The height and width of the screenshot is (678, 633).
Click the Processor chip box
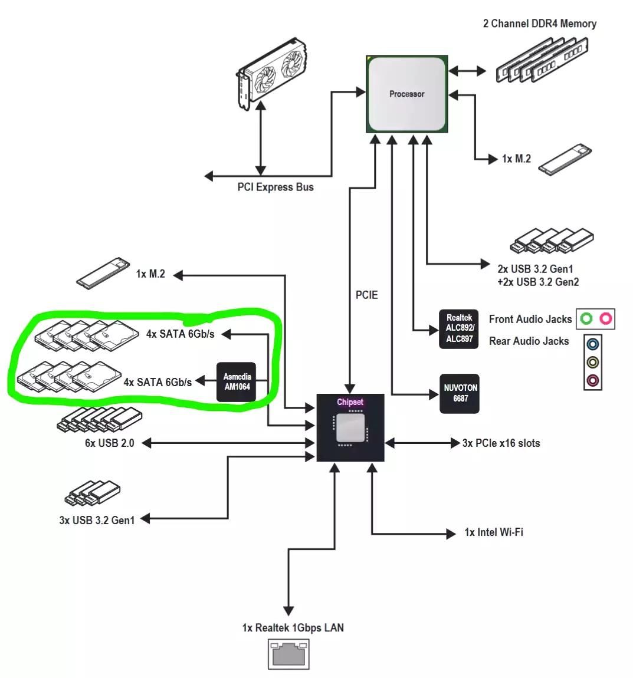pos(406,94)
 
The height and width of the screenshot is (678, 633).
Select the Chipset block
pos(350,427)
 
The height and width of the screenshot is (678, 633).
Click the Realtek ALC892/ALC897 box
pos(459,328)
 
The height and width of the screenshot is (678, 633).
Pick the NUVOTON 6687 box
pos(460,393)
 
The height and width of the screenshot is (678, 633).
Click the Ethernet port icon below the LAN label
pos(288,654)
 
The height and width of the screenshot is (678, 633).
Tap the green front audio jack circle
pos(586,319)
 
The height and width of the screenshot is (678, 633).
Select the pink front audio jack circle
pos(606,319)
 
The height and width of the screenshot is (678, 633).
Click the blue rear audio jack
pos(593,343)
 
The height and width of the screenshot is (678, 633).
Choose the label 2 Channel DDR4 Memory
pos(539,24)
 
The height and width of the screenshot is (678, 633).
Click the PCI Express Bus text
pos(275,187)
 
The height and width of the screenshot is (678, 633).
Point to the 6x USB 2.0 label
pos(109,443)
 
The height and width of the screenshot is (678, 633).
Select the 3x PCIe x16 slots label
pos(501,443)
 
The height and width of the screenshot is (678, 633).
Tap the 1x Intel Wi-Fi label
pos(494,532)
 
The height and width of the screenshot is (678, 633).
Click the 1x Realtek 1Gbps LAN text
pos(293,628)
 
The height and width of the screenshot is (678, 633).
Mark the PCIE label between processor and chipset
pos(366,295)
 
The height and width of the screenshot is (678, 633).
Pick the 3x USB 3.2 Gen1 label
pos(97,520)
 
